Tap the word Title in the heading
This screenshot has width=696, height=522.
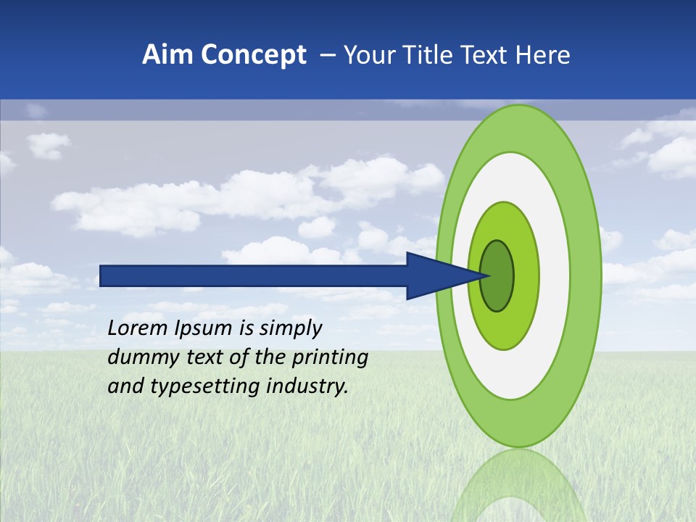point(418,55)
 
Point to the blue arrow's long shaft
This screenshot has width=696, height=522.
point(254,275)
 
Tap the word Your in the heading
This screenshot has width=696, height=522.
point(365,55)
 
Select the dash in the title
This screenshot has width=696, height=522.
point(327,56)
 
